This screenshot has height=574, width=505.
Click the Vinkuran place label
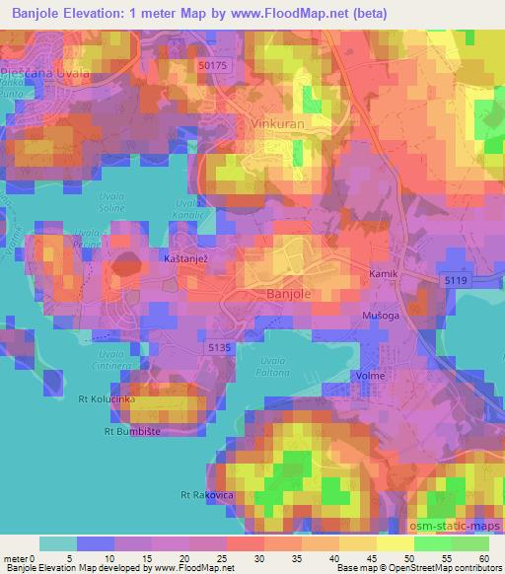[279, 127]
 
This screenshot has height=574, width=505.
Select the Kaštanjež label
[184, 255]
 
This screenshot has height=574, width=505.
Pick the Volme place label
[370, 376]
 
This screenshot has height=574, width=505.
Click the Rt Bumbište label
[131, 431]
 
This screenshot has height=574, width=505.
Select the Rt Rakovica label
[206, 493]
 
